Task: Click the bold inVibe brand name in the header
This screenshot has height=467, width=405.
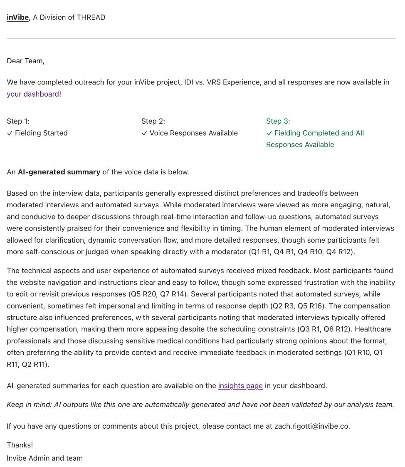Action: [17, 17]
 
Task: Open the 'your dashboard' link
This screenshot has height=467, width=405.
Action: [33, 94]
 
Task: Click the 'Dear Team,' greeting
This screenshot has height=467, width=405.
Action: [25, 61]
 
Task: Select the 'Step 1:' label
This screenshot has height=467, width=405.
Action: [18, 121]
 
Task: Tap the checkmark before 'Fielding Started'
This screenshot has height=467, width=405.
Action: [10, 133]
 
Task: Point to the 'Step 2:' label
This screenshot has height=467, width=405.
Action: [153, 121]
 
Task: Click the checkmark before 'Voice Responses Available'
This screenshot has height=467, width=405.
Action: [144, 133]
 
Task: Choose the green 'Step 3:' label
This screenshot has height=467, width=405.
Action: [278, 121]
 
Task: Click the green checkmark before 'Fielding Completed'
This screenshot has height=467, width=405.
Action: [269, 133]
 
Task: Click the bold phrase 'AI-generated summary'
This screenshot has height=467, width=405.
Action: [59, 172]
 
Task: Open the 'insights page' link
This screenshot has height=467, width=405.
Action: [240, 386]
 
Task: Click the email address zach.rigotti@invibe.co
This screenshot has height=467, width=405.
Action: [311, 426]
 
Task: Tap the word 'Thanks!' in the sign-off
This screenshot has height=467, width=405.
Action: [20, 445]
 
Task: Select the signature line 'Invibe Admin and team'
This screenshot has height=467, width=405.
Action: [44, 458]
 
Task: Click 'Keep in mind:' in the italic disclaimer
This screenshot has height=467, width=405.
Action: [29, 405]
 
